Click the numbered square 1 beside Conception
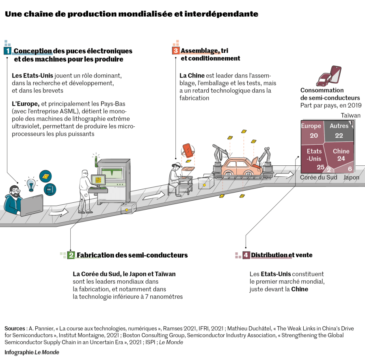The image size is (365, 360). [7, 51]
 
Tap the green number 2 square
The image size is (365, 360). [71, 255]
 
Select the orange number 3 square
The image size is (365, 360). [175, 50]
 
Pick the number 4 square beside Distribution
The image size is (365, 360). [246, 255]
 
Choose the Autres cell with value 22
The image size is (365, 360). [339, 131]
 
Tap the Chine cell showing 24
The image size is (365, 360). [341, 155]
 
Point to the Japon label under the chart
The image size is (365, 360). [351, 178]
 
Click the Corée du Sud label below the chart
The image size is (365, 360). [318, 178]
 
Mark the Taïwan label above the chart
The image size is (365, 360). [351, 115]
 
